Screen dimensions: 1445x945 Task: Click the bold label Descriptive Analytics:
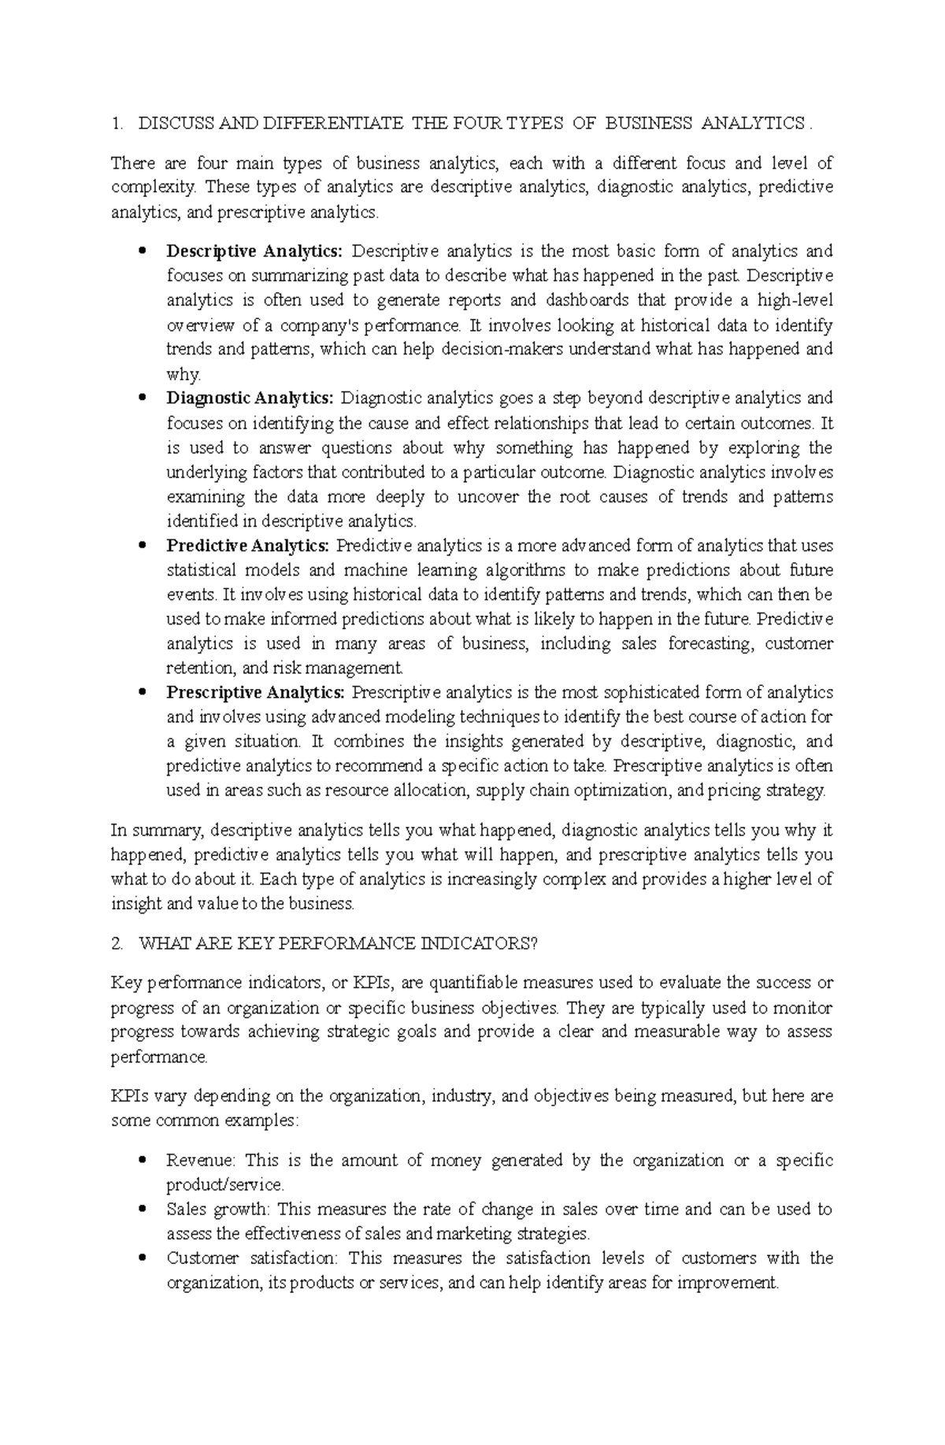pos(254,252)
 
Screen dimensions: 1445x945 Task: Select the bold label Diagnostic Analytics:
pos(250,398)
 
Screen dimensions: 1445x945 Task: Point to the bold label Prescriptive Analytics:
pos(255,693)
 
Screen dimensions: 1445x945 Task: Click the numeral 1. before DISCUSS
pos(117,124)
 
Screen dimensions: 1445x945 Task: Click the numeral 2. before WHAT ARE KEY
pos(117,943)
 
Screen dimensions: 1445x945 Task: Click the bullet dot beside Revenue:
pos(143,1160)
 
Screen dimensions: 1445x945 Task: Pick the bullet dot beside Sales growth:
pos(143,1209)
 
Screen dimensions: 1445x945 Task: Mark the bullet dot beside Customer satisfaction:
pos(143,1258)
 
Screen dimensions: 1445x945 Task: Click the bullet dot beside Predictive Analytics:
pos(143,545)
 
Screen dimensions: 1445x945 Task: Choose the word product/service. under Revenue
pos(225,1185)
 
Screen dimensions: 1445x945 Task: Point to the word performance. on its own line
pos(160,1057)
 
